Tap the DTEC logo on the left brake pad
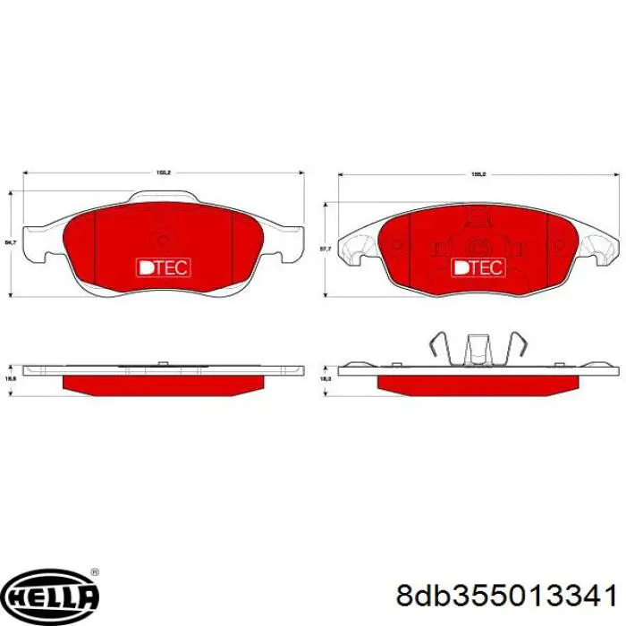[x=163, y=266]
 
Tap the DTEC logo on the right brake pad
[x=478, y=266]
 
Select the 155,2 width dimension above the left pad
[x=163, y=171]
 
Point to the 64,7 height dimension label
[x=10, y=241]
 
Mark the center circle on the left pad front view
[x=163, y=238]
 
